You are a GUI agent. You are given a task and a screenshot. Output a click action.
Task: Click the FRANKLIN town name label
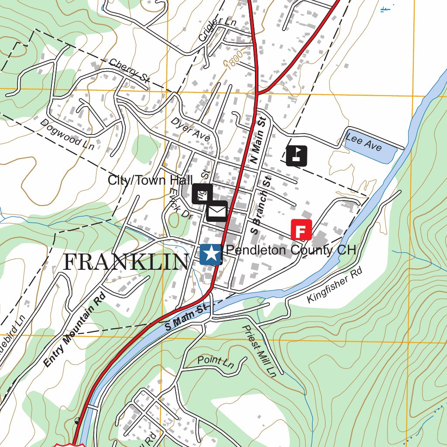tap(126, 262)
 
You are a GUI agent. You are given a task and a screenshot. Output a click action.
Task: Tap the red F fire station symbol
tap(301, 230)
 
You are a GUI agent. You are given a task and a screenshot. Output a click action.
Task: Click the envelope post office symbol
tap(217, 212)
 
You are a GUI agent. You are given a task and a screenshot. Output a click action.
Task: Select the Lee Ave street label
tap(363, 142)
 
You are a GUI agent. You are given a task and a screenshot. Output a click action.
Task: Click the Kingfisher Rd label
tap(335, 285)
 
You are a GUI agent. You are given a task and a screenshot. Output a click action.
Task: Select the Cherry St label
tap(129, 70)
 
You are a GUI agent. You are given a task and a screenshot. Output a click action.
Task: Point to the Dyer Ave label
tap(190, 129)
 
